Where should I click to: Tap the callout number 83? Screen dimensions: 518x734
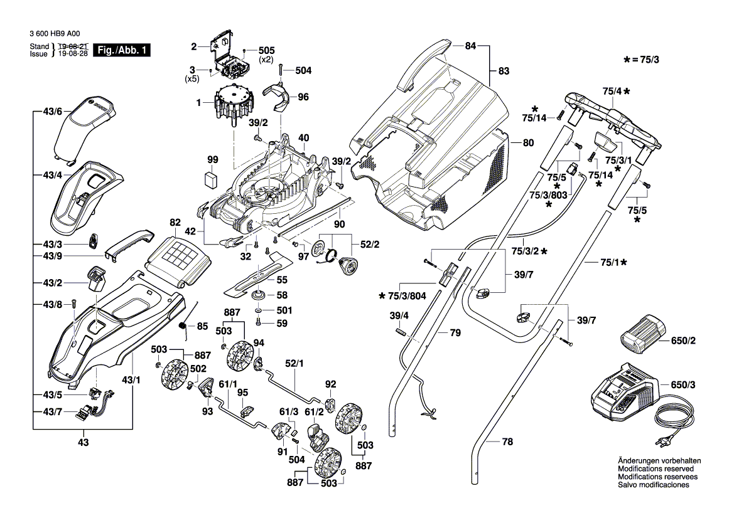(504, 71)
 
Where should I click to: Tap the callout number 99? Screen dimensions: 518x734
(213, 160)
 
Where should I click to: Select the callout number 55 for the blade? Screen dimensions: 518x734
(282, 280)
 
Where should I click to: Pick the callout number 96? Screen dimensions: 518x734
(303, 97)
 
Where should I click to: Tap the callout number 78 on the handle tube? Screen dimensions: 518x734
(507, 442)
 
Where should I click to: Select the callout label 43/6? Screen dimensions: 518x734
(53, 111)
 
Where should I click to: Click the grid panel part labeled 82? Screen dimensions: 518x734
(180, 253)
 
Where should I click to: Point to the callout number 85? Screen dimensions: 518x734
(202, 326)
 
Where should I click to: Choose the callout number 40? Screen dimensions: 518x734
(303, 138)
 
